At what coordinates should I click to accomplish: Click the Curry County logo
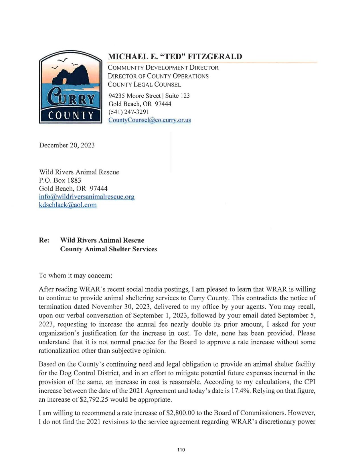[x=70, y=87]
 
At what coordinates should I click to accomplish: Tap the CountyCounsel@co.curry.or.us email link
[x=149, y=120]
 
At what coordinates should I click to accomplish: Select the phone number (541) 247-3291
[x=128, y=112]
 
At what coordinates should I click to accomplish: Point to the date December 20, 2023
[x=67, y=145]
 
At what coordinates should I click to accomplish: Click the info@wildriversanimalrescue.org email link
[x=86, y=197]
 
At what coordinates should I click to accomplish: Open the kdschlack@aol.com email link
[x=68, y=205]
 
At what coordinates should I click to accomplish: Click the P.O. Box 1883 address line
[x=60, y=180]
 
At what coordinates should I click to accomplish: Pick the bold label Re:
[x=44, y=240]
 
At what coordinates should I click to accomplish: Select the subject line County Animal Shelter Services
[x=108, y=249]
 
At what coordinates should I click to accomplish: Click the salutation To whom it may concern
[x=76, y=276]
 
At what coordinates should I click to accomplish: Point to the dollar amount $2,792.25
[x=94, y=399]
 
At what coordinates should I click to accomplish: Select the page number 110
[x=181, y=450]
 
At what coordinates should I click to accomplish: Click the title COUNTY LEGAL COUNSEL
[x=144, y=84]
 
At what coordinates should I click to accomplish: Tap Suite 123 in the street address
[x=177, y=96]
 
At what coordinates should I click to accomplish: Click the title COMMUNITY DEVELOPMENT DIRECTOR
[x=163, y=68]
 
